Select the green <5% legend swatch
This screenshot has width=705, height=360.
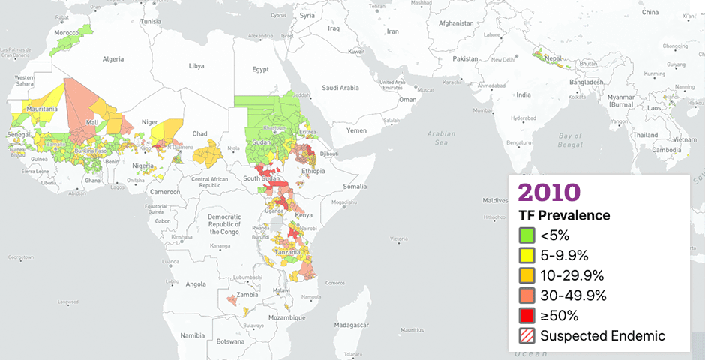[527, 235]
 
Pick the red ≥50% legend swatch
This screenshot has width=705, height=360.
[527, 316]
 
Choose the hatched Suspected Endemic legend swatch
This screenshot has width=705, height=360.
[527, 336]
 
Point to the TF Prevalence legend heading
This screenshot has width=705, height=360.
[564, 216]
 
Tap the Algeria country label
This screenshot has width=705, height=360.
[112, 58]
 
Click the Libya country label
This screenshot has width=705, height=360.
[196, 66]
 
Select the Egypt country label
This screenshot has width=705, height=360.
[260, 70]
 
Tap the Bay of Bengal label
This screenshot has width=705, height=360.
[571, 140]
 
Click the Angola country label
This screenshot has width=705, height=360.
[195, 283]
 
